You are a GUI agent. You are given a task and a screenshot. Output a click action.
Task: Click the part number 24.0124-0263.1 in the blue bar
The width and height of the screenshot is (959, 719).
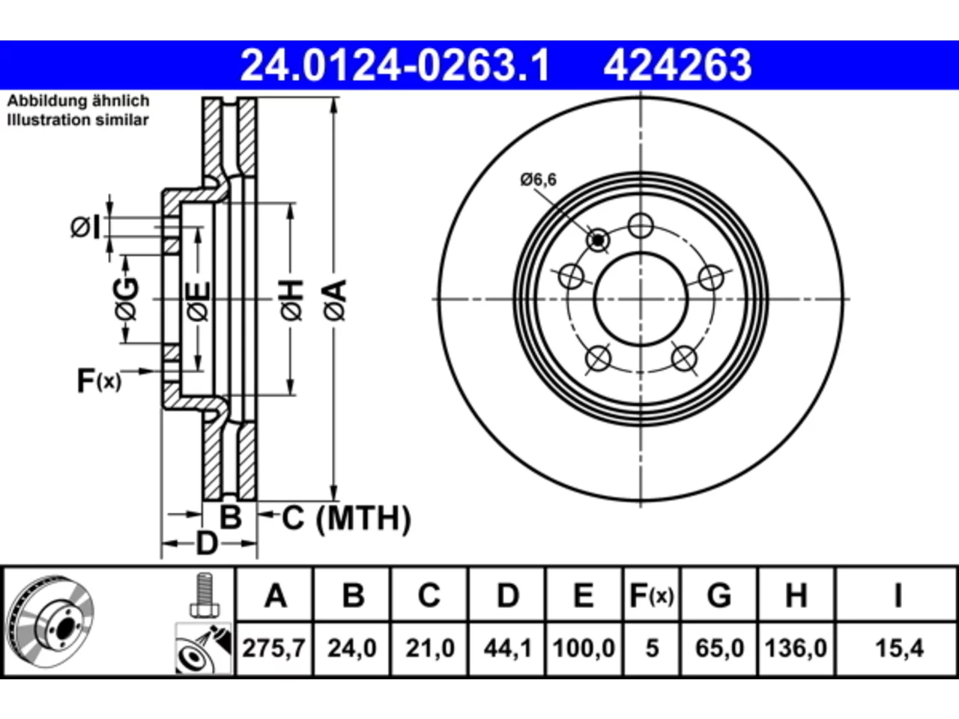pyautogui.click(x=395, y=65)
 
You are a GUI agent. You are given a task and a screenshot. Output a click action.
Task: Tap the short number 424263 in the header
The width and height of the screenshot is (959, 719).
pyautogui.click(x=677, y=65)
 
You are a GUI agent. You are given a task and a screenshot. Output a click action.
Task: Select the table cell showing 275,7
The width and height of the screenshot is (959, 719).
pyautogui.click(x=274, y=649)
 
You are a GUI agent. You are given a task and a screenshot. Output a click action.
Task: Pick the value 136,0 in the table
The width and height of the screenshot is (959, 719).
pyautogui.click(x=796, y=649)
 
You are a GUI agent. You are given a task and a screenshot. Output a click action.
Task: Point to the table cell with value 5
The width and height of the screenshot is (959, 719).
pyautogui.click(x=652, y=649)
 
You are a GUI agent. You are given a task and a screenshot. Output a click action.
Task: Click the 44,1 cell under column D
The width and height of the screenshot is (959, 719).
pyautogui.click(x=507, y=649)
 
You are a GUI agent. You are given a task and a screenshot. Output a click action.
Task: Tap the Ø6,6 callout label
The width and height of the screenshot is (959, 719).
pyautogui.click(x=538, y=180)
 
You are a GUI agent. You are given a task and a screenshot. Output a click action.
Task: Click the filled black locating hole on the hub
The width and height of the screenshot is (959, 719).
pyautogui.click(x=598, y=240)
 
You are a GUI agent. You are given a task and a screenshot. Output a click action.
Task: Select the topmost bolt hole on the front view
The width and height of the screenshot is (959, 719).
pyautogui.click(x=641, y=225)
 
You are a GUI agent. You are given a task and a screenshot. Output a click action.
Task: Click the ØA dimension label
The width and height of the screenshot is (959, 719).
pyautogui.click(x=335, y=300)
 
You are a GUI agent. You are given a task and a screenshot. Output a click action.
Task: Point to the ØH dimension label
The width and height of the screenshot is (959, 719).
pyautogui.click(x=291, y=300)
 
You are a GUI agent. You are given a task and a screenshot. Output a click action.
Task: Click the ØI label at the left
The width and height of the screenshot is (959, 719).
pyautogui.click(x=85, y=227)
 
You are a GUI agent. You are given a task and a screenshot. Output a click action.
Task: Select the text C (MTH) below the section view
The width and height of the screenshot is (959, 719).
pyautogui.click(x=346, y=518)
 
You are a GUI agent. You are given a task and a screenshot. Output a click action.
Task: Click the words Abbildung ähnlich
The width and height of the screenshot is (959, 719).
pyautogui.click(x=78, y=101)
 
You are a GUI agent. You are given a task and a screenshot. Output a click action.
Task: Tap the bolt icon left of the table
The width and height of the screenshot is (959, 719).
pyautogui.click(x=205, y=595)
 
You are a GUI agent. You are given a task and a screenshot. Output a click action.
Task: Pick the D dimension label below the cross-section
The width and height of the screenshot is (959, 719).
pyautogui.click(x=206, y=543)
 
